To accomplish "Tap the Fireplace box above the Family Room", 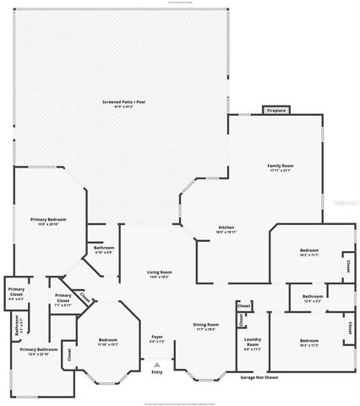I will [x=275, y=111].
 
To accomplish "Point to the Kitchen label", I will [x=226, y=228].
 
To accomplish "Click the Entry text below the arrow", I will [x=157, y=372].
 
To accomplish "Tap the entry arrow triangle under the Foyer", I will [x=157, y=364].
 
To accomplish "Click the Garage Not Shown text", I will [x=259, y=377].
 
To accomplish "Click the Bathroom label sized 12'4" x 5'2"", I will [x=313, y=297].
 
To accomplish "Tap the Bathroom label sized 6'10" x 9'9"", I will [x=104, y=250].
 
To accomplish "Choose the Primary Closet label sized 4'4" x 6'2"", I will [x=16, y=295].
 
